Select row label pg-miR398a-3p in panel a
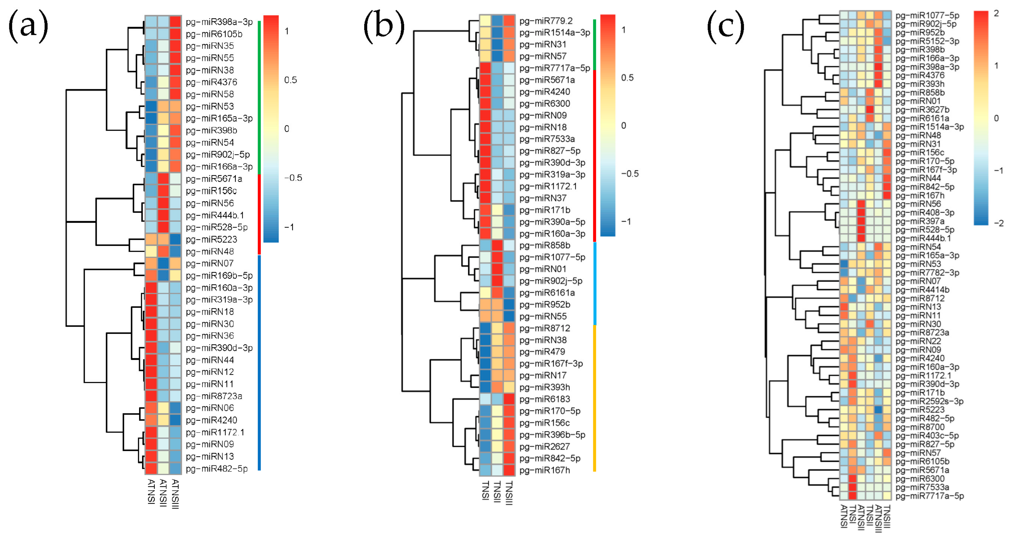(x=219, y=22)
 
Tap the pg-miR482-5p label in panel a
(x=217, y=469)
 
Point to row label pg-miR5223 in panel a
(x=211, y=239)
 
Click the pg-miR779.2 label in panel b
(x=546, y=21)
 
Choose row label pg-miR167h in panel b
(x=544, y=470)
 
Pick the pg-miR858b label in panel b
(x=544, y=245)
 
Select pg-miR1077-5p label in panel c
(x=927, y=15)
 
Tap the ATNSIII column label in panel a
(x=175, y=494)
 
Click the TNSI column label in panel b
(x=486, y=490)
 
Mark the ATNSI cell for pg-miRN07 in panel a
(x=151, y=263)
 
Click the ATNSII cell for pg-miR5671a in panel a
(x=163, y=179)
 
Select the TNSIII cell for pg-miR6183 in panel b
(x=509, y=399)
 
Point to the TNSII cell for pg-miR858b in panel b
(x=497, y=245)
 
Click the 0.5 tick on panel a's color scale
(x=290, y=80)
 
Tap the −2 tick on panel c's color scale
(x=998, y=223)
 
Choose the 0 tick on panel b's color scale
(x=623, y=126)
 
